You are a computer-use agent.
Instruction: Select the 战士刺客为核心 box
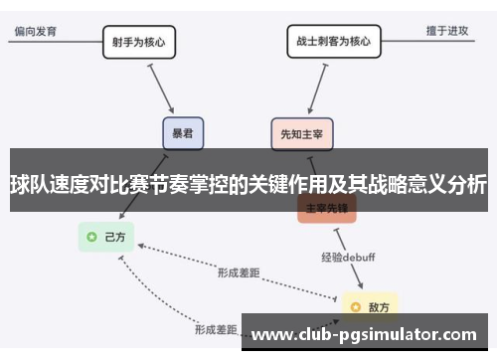pyautogui.click(x=332, y=42)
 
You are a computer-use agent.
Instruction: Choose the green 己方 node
pyautogui.click(x=107, y=237)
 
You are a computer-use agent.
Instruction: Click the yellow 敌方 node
pyautogui.click(x=371, y=304)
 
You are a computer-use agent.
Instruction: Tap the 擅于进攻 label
pyautogui.click(x=447, y=31)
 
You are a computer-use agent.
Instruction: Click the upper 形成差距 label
pyautogui.click(x=240, y=271)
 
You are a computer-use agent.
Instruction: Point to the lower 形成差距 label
pyautogui.click(x=216, y=328)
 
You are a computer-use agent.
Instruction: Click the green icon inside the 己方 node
pyautogui.click(x=92, y=237)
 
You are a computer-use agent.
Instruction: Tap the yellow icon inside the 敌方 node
pyautogui.click(x=356, y=304)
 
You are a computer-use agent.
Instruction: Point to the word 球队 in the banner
pyautogui.click(x=30, y=184)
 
